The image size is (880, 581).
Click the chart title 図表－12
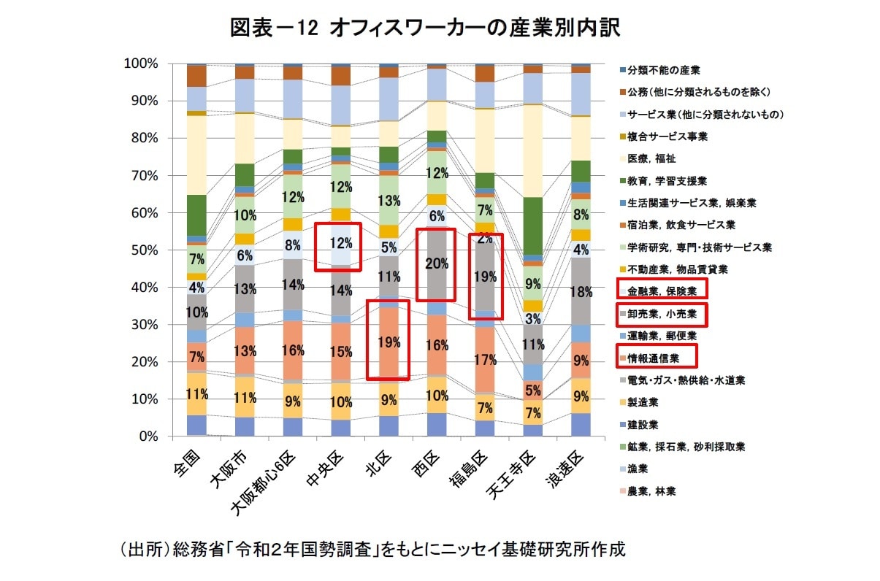pos(424,28)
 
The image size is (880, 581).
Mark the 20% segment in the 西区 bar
pos(436,265)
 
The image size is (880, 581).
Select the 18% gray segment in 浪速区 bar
pos(581,292)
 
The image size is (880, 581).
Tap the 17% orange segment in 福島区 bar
pos(484,360)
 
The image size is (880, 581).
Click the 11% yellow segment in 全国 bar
pos(196,394)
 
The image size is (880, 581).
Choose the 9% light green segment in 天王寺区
pos(532,283)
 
